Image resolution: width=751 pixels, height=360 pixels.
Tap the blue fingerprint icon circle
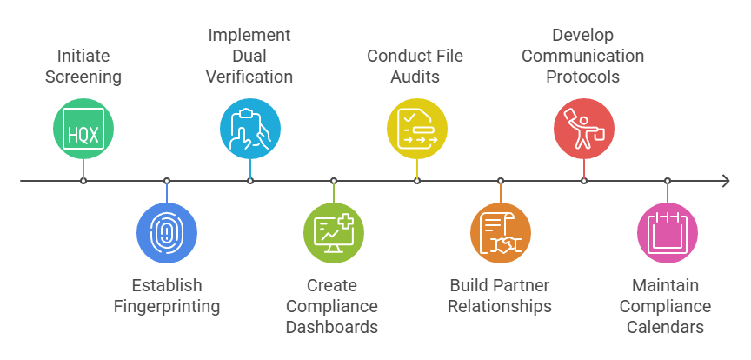(167, 233)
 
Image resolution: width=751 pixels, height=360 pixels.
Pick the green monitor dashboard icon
(334, 233)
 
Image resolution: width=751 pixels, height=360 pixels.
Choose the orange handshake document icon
(501, 233)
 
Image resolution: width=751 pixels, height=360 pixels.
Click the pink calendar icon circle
(668, 233)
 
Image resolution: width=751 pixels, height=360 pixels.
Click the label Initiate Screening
(83, 66)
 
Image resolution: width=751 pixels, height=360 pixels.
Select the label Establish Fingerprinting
(167, 296)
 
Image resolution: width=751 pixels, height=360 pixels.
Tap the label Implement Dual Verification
(249, 56)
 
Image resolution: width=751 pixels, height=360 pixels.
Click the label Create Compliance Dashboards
(332, 306)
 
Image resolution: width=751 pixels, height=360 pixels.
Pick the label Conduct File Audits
(415, 66)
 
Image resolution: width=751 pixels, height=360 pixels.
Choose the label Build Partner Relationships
(501, 296)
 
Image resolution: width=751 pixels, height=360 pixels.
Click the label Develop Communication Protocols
(584, 56)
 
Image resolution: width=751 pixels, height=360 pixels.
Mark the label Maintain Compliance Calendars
(668, 306)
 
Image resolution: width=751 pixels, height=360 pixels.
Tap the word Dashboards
(332, 327)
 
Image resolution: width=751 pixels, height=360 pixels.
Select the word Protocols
(583, 77)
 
